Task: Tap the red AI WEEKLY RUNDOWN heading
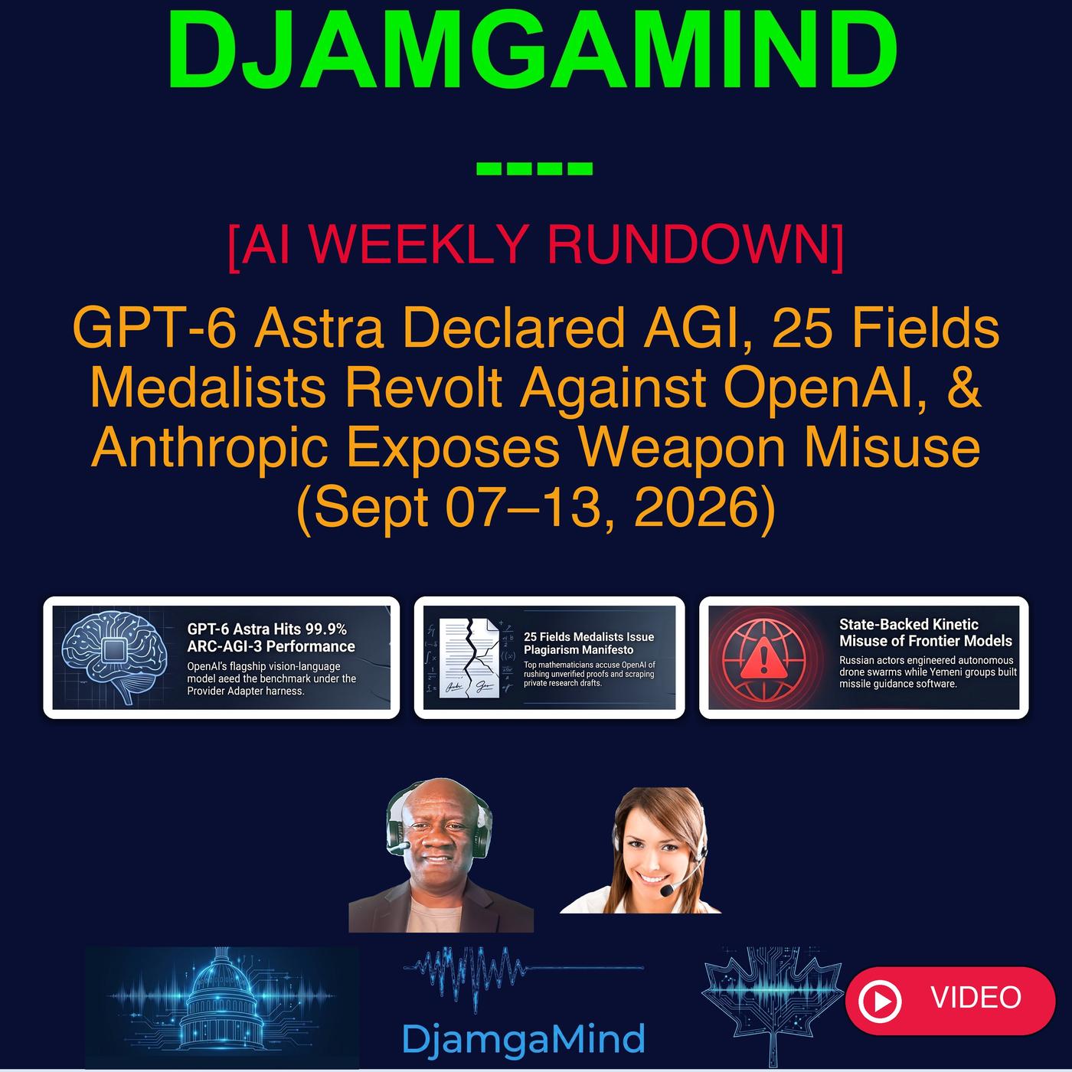[535, 245]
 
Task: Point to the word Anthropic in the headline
[209, 449]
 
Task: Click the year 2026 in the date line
[695, 508]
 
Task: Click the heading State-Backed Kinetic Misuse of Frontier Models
[925, 632]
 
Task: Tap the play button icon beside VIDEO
[880, 1002]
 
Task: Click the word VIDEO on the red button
[976, 997]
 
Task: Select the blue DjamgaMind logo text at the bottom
[523, 1038]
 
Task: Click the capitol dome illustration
[223, 998]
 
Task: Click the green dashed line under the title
[534, 168]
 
